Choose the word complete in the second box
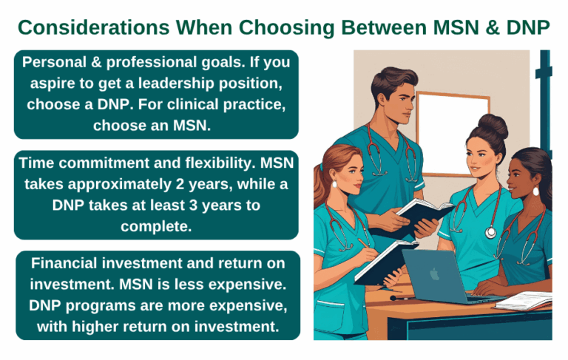(x=156, y=226)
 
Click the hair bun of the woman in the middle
(x=493, y=126)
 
